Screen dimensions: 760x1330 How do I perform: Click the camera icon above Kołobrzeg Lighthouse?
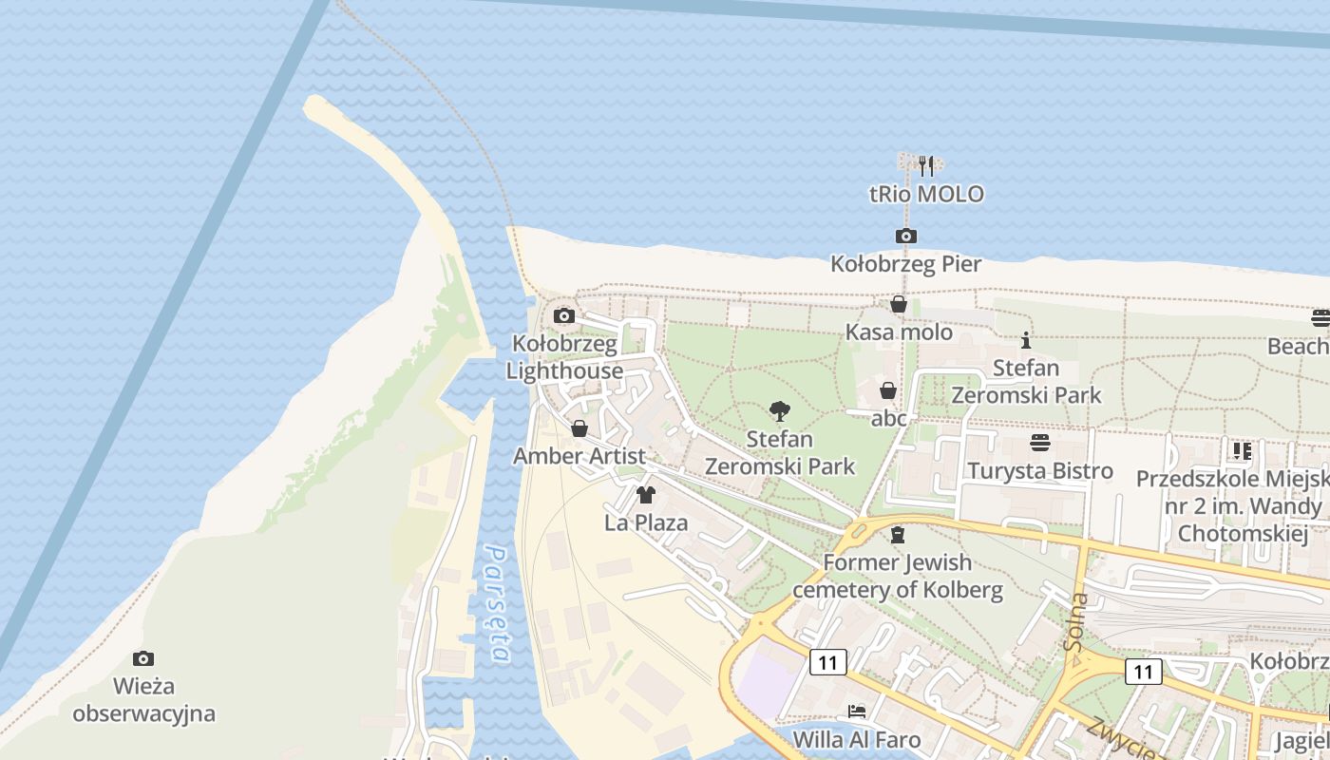coord(564,315)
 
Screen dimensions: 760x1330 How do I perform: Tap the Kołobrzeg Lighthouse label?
coord(564,357)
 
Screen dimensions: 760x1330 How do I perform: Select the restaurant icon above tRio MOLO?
coord(927,166)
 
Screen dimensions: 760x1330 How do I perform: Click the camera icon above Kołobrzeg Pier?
coord(906,236)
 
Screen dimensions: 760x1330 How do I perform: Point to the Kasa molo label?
coord(899,332)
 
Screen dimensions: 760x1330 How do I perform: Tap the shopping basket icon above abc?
coord(888,390)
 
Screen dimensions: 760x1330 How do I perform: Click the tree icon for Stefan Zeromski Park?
coord(780,411)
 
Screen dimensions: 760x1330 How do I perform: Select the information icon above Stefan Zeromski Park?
coord(1026,340)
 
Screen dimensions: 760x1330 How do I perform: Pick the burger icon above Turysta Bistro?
coord(1040,443)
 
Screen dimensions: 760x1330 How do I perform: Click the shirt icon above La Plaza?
coord(646,494)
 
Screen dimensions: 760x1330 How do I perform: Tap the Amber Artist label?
coord(579,456)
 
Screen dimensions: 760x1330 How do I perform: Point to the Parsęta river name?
coord(497,603)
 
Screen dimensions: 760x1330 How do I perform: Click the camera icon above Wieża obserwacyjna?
coord(143,658)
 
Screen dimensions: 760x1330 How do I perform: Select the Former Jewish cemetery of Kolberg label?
coord(898,576)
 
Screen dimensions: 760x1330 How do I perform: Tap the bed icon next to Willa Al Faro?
coord(857,711)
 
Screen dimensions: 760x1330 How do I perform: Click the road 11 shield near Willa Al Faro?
coord(827,662)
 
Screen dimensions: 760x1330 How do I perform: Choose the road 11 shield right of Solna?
coord(1143,672)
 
